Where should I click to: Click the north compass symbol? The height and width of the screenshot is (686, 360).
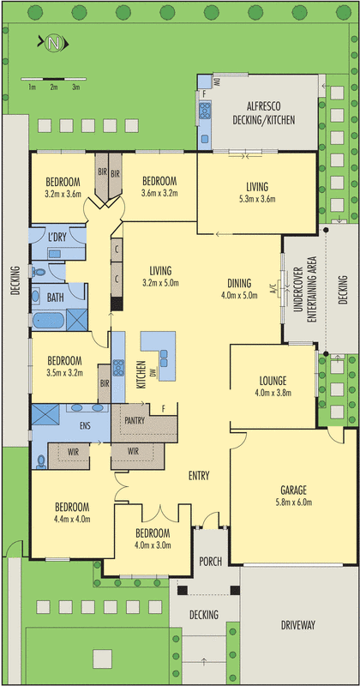(x=53, y=42)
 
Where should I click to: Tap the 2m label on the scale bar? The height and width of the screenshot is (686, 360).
(x=53, y=87)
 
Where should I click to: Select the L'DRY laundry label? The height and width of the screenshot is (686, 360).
(x=57, y=237)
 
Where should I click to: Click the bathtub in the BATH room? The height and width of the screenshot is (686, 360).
(x=48, y=321)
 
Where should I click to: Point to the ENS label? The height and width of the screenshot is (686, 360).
(x=86, y=425)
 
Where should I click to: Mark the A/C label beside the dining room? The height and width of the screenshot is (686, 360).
(x=273, y=287)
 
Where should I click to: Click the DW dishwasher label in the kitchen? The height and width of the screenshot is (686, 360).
(x=153, y=372)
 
